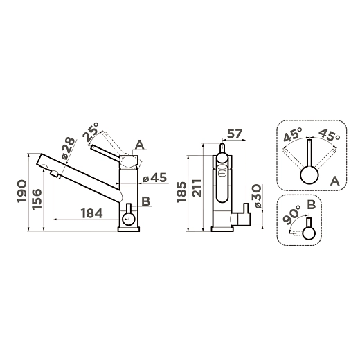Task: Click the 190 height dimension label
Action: [x=21, y=191]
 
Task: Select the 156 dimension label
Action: [x=37, y=199]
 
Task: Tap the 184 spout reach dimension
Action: [x=91, y=213]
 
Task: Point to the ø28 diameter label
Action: [x=69, y=149]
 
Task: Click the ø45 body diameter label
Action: [x=154, y=178]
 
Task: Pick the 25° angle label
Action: [x=91, y=132]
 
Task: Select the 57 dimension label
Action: [x=235, y=134]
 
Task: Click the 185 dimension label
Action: [x=181, y=192]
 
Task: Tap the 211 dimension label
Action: [x=197, y=188]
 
